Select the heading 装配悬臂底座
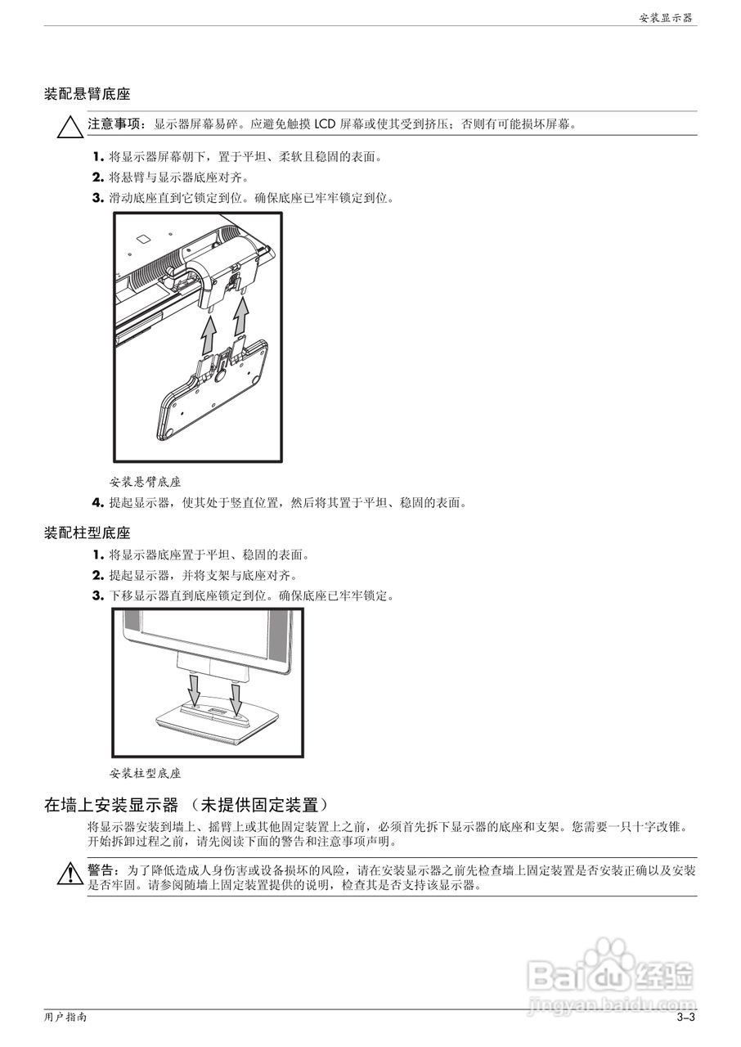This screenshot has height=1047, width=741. [x=87, y=95]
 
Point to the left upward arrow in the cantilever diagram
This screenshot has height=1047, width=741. [x=209, y=335]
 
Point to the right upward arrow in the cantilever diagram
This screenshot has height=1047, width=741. [x=242, y=316]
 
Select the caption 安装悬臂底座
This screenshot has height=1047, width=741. [x=145, y=482]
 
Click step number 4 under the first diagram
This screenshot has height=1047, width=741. [x=97, y=502]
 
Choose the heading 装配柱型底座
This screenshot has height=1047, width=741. [x=87, y=533]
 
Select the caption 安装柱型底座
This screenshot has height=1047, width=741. [x=145, y=772]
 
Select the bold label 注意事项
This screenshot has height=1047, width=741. [x=115, y=124]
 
